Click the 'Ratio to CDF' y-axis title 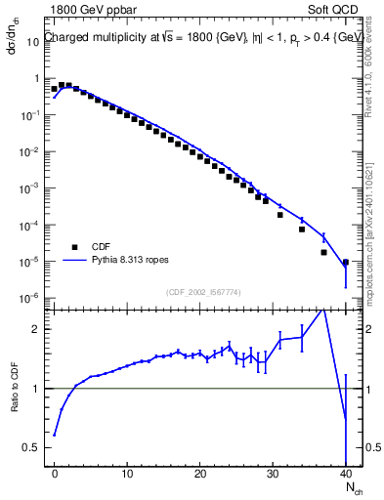pos(15,402)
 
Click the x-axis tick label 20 pos(199,474)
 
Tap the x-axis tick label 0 pos(55,474)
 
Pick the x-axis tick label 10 pos(127,474)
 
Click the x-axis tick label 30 pos(273,474)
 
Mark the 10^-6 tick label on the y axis pos(32,298)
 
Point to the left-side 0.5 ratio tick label pos(33,447)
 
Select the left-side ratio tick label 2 pos(38,329)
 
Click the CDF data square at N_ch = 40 pos(346,262)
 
